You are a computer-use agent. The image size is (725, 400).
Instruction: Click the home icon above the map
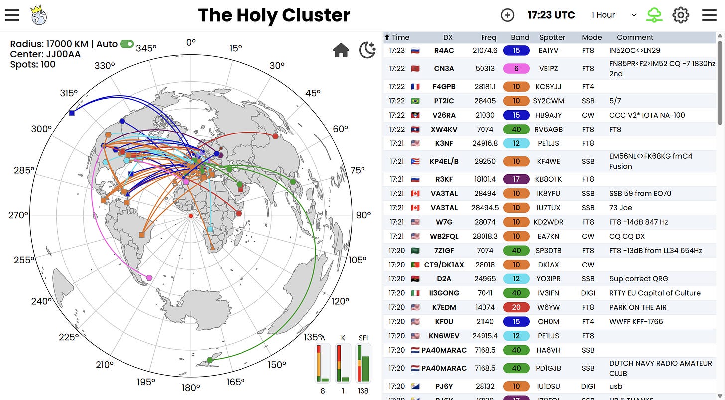[x=341, y=50]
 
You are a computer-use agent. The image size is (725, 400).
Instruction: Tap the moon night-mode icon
[x=367, y=50]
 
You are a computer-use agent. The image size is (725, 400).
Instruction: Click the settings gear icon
[x=680, y=15]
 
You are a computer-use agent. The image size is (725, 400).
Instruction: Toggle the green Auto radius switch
[x=127, y=44]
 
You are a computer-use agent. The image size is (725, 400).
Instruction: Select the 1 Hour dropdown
[x=613, y=15]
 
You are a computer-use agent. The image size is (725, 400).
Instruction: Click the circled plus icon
[x=507, y=15]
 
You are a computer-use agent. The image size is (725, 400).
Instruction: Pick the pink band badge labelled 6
[x=516, y=68]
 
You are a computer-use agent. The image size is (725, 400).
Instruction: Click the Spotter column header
[x=552, y=37]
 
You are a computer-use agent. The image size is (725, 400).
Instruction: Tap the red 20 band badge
[x=516, y=307]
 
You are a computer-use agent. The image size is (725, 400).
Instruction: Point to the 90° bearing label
[x=363, y=215]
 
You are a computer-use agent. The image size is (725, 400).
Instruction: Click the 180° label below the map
[x=190, y=387]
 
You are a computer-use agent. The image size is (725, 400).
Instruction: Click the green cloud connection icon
[x=654, y=15]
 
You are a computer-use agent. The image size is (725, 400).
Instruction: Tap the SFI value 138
[x=363, y=391]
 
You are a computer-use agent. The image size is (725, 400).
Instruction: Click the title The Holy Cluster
[x=274, y=15]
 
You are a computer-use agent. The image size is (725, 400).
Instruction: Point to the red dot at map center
[x=190, y=215]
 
